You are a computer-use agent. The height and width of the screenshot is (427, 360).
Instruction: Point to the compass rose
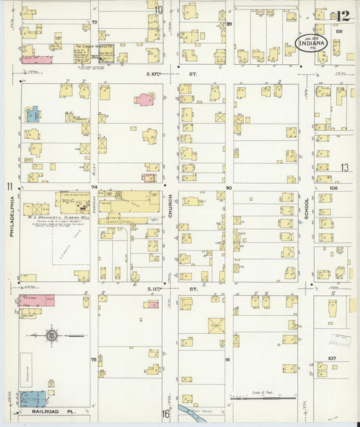pyautogui.click(x=51, y=334)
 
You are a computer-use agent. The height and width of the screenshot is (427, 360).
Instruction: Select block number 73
pyautogui.click(x=95, y=22)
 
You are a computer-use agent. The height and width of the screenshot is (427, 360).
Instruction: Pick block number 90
pyautogui.click(x=229, y=188)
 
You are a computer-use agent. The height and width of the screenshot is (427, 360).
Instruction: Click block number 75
pyautogui.click(x=94, y=359)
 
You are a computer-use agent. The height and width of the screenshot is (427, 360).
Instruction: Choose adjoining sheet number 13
pyautogui.click(x=344, y=168)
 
